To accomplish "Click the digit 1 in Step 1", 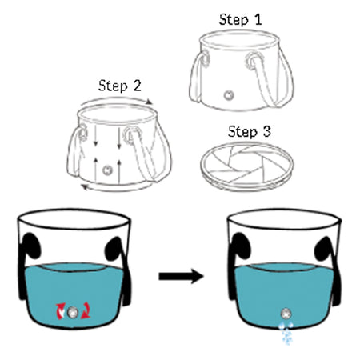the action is pyautogui.click(x=258, y=19).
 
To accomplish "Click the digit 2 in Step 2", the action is pyautogui.click(x=137, y=86).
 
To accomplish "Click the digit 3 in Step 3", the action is pyautogui.click(x=266, y=131).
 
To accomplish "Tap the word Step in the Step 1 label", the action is pyautogui.click(x=234, y=20).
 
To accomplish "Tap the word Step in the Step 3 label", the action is pyautogui.click(x=242, y=132).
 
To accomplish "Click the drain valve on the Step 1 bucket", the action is pyautogui.click(x=229, y=95).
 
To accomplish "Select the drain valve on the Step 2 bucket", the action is pyautogui.click(x=107, y=170).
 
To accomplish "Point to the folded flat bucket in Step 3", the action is pyautogui.click(x=247, y=166).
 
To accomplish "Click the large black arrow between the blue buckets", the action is pyautogui.click(x=181, y=276).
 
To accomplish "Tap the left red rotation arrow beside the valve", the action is pyautogui.click(x=60, y=311).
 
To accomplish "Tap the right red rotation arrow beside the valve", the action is pyautogui.click(x=86, y=310).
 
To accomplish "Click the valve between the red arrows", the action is pyautogui.click(x=72, y=312).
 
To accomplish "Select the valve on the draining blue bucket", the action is pyautogui.click(x=286, y=313).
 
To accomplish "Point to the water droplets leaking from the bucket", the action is pyautogui.click(x=286, y=333).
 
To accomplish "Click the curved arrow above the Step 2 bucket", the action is pyautogui.click(x=117, y=100).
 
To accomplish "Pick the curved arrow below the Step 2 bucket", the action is pyautogui.click(x=115, y=189).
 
